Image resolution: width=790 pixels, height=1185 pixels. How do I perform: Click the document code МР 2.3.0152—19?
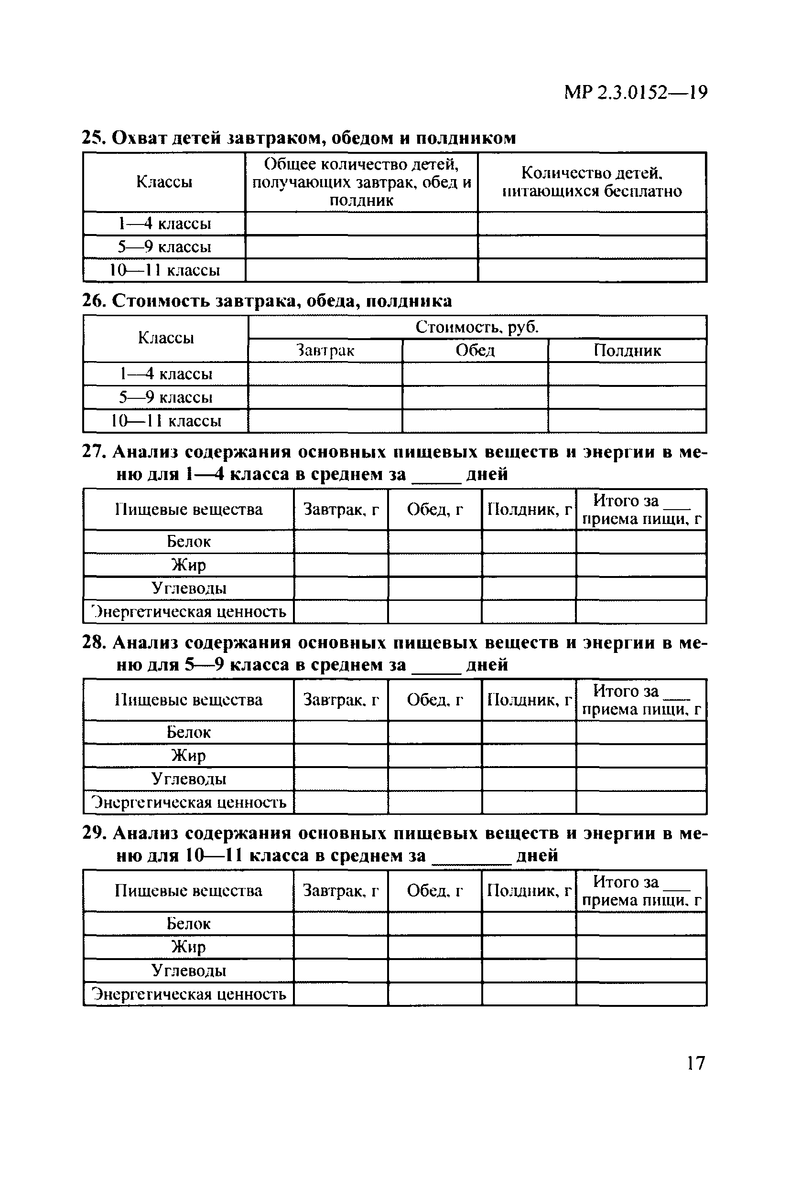636,93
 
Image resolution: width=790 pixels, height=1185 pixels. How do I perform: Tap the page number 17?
696,1063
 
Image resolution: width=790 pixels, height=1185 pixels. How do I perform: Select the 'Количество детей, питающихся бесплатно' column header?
592,181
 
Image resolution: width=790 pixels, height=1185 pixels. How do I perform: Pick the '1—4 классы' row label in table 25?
164,224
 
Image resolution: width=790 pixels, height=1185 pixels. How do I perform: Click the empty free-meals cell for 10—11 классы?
592,270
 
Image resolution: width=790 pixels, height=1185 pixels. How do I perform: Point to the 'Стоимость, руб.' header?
476,327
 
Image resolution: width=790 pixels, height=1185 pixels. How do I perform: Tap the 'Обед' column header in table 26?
475,351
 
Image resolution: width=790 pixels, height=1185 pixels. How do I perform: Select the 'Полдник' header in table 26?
627,351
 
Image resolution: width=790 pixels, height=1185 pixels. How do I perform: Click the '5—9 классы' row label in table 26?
166,397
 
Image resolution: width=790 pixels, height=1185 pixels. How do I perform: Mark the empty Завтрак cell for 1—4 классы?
325,374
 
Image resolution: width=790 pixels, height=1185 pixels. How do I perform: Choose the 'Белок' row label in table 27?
188,542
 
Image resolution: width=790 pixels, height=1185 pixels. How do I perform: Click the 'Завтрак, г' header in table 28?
341,700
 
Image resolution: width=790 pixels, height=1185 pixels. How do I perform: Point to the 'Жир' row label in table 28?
188,756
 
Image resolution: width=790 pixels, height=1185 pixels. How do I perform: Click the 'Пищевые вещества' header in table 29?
188,890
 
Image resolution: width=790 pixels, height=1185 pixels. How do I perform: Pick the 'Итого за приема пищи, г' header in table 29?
641,890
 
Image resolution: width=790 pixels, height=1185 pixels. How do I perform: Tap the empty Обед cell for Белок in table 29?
435,923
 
